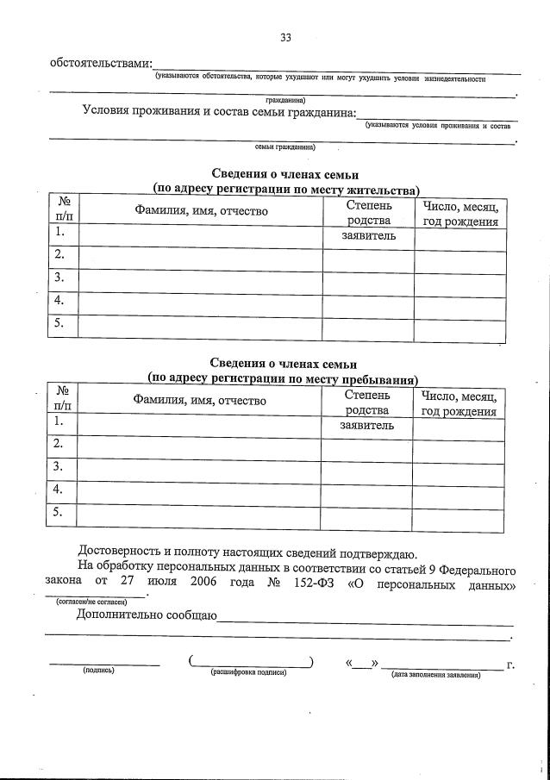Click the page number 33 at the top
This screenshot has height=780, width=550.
(x=285, y=37)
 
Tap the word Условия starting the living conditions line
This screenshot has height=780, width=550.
(x=109, y=111)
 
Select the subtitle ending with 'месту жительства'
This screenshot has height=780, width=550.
(x=285, y=189)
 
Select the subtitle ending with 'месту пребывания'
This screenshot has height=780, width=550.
(x=284, y=378)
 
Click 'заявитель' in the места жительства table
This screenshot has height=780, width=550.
(x=368, y=235)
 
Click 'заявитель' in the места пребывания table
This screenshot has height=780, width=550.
(x=366, y=425)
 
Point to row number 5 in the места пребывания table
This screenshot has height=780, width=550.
(x=59, y=513)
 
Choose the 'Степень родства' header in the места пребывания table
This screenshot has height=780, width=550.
(x=366, y=402)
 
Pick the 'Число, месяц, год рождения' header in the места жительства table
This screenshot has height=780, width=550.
(x=459, y=214)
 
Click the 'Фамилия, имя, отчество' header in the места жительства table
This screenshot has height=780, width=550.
(x=201, y=212)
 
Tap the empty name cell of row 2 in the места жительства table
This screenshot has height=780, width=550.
(x=201, y=255)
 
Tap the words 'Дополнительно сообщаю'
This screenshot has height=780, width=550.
(x=147, y=615)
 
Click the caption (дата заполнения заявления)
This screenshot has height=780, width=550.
(x=435, y=675)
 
